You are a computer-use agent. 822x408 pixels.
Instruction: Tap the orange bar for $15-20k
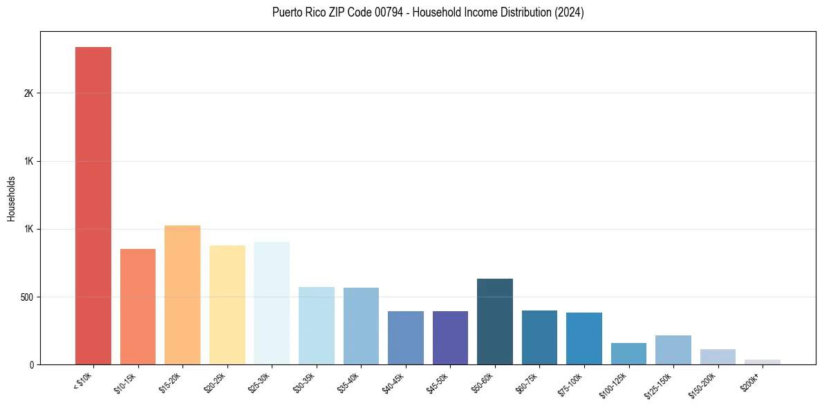click(x=183, y=295)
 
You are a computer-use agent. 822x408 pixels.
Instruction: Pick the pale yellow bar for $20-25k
click(x=227, y=305)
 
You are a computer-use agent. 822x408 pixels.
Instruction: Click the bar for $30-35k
click(x=316, y=326)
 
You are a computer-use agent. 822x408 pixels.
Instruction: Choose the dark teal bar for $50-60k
click(x=494, y=322)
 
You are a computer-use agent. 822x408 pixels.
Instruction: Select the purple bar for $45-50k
click(x=450, y=337)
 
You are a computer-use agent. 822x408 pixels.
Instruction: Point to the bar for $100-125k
click(x=628, y=353)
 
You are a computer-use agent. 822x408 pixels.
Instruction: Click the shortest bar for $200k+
click(x=762, y=362)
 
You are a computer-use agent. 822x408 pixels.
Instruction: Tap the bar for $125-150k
click(x=673, y=350)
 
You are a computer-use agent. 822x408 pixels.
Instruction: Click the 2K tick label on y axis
click(x=28, y=93)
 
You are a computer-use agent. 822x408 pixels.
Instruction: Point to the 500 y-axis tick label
click(x=26, y=297)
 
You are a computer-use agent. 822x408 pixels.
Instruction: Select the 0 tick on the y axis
click(x=31, y=364)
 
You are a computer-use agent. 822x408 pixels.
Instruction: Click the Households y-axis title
click(x=12, y=198)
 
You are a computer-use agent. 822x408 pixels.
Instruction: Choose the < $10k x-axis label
click(x=82, y=381)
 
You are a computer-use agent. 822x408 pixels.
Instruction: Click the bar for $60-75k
click(x=539, y=337)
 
